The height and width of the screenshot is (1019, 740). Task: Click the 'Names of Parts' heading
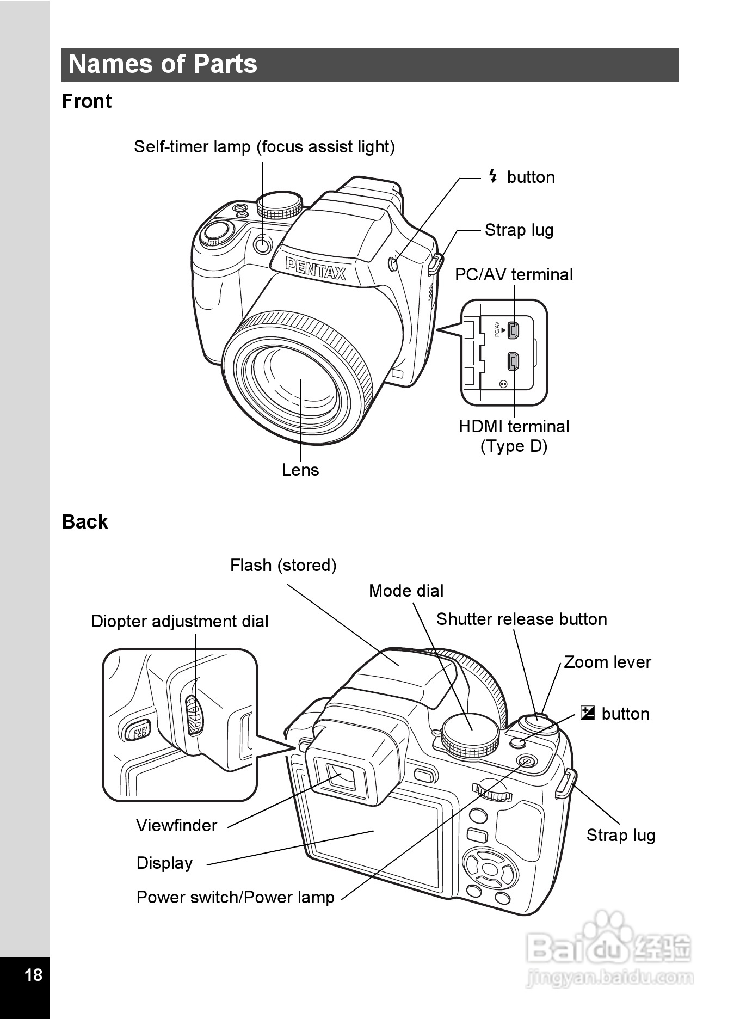(163, 64)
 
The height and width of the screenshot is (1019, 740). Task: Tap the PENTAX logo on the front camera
(316, 269)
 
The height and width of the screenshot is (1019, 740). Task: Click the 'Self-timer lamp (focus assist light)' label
(264, 147)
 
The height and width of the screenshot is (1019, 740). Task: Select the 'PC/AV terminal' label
(514, 275)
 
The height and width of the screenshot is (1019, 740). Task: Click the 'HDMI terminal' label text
(514, 427)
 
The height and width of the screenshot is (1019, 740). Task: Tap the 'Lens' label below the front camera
(300, 470)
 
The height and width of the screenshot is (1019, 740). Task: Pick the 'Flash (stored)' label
(283, 566)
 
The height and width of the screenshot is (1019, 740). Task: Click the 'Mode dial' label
(406, 591)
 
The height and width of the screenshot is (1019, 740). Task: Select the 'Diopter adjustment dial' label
(180, 622)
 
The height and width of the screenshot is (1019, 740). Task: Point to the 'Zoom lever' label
(607, 662)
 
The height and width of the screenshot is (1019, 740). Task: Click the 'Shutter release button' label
(521, 619)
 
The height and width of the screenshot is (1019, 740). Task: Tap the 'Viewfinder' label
(176, 826)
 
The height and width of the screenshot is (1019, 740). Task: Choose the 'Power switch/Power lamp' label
(235, 898)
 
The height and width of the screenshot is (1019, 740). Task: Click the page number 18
(33, 974)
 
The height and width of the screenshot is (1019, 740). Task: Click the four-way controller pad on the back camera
(490, 869)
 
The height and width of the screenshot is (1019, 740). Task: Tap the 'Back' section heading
(85, 522)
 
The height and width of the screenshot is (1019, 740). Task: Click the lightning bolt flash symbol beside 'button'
(493, 176)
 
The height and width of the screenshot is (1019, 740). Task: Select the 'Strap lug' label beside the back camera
(620, 836)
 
